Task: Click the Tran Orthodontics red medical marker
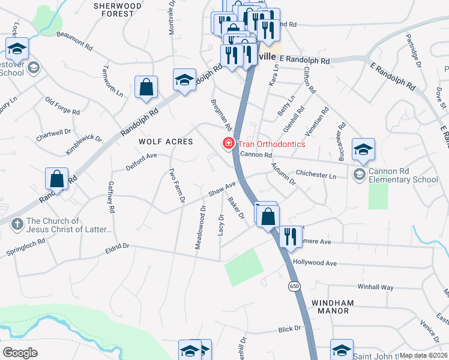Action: click(x=228, y=144)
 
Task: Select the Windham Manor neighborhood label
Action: click(x=332, y=307)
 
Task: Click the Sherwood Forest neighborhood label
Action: click(x=118, y=10)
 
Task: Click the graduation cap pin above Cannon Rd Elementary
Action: click(x=363, y=151)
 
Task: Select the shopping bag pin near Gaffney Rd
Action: click(x=56, y=179)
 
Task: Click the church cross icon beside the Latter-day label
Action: click(x=17, y=225)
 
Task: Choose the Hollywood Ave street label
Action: click(x=315, y=263)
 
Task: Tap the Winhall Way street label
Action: click(x=376, y=287)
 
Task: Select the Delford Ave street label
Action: click(x=141, y=161)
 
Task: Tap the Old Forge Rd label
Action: click(x=62, y=107)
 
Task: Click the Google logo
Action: click(x=20, y=353)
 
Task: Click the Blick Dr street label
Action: click(x=289, y=329)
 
